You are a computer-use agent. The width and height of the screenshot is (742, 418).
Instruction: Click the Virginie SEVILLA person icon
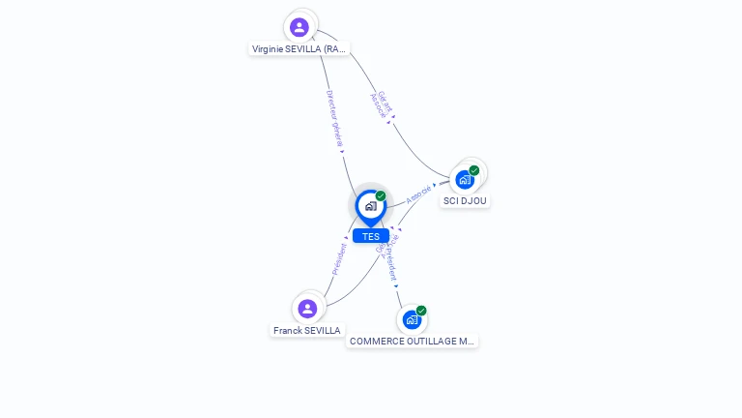pos(300,27)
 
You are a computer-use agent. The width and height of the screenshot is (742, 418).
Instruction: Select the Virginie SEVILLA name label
pos(299,48)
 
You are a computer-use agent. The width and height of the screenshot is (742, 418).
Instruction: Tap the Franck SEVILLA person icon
pos(307,309)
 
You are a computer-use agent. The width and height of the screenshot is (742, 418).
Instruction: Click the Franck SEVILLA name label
pos(307,330)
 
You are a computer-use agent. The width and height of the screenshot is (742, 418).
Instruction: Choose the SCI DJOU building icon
pos(465,180)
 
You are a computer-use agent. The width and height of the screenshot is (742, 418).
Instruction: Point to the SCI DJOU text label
pos(466,201)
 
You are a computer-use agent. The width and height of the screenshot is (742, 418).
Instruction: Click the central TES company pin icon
pos(370,205)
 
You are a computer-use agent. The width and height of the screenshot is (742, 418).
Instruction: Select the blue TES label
pos(371,236)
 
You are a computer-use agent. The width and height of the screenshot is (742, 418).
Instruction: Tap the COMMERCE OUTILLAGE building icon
pos(412,320)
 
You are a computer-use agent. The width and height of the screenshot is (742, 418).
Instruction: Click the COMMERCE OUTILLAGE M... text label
pos(413,342)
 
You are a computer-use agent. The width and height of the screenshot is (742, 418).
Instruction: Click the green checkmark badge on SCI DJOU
pos(474,170)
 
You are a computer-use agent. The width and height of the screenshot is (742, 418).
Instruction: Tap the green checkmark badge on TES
pos(381,195)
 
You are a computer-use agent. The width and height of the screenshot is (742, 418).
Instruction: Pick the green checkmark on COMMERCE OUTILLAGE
pos(421,311)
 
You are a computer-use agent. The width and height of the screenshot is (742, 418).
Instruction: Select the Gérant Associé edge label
pos(382,104)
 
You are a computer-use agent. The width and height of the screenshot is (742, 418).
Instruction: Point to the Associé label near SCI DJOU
pos(418,193)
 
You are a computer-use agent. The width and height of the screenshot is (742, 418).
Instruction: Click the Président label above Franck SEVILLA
pos(339,259)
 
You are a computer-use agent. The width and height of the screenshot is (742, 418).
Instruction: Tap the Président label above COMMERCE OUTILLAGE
pos(387,259)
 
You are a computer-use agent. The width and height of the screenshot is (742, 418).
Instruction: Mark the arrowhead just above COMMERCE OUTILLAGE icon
pos(396,285)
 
